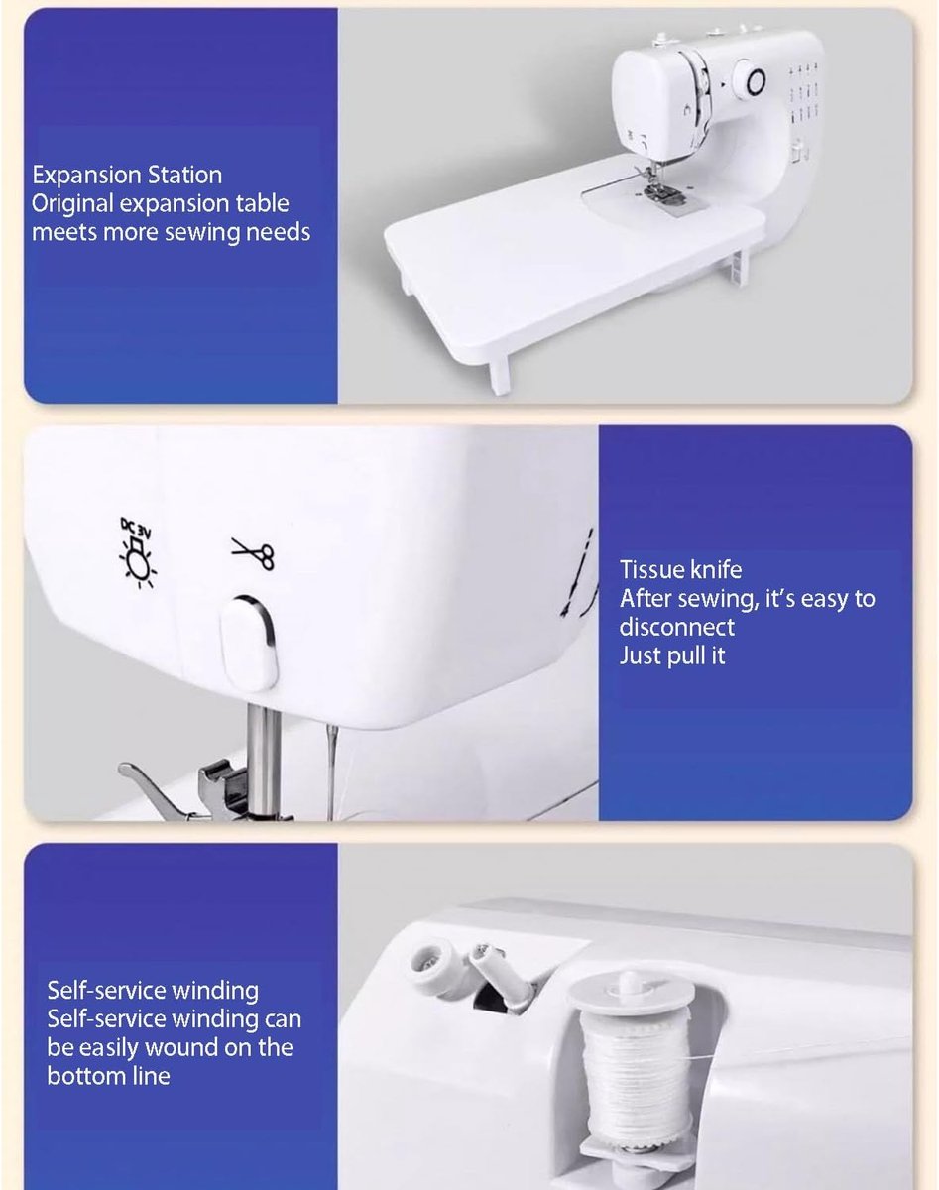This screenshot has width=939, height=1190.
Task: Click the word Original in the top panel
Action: tap(73, 204)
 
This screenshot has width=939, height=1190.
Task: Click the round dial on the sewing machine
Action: tap(751, 82)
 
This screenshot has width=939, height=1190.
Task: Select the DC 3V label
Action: tap(136, 528)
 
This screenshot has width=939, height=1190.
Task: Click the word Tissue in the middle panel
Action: tap(651, 569)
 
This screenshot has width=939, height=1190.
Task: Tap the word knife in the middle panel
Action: tap(716, 569)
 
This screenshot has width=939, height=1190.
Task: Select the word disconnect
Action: tap(677, 627)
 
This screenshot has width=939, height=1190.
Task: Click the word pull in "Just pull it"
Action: tap(686, 656)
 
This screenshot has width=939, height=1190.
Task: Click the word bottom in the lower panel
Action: tap(84, 1076)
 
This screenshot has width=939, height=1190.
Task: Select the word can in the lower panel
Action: tap(284, 1019)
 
